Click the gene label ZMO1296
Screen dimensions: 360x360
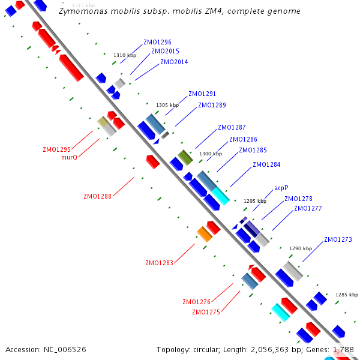pyautogui.click(x=157, y=42)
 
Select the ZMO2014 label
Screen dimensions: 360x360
pyautogui.click(x=174, y=62)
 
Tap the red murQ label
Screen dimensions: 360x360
pyautogui.click(x=70, y=157)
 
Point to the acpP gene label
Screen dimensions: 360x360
pyautogui.click(x=281, y=188)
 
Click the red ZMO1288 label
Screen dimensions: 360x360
pyautogui.click(x=97, y=196)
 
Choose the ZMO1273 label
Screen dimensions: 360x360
pyautogui.click(x=338, y=239)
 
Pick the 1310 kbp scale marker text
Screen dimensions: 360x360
pyautogui.click(x=125, y=55)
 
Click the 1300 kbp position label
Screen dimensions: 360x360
pyautogui.click(x=211, y=154)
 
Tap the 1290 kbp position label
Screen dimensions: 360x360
pyautogui.click(x=301, y=248)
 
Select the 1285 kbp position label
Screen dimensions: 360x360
pyautogui.click(x=347, y=295)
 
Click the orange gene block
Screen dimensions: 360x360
pyautogui.click(x=205, y=234)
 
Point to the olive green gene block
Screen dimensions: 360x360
pyautogui.click(x=185, y=157)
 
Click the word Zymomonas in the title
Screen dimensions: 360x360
pyautogui.click(x=83, y=11)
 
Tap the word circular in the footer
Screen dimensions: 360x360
pyautogui.click(x=206, y=349)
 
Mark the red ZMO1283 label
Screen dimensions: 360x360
pyautogui.click(x=160, y=263)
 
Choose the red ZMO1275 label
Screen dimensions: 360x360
pyautogui.click(x=206, y=312)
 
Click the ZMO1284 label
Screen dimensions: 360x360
pyautogui.click(x=266, y=164)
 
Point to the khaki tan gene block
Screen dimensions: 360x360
pyautogui.click(x=103, y=121)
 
